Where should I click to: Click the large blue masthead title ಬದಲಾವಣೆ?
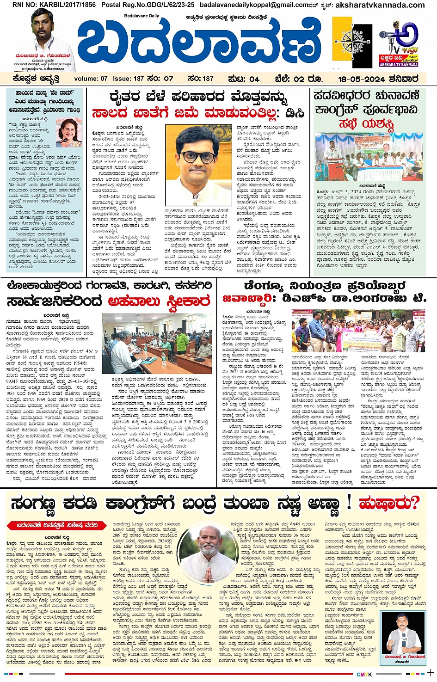199,44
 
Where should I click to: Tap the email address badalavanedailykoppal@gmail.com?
257,5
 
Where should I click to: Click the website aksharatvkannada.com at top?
380,5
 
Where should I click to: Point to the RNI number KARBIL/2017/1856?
54,5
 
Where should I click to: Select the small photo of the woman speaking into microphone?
68,131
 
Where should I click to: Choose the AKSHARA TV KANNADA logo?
399,44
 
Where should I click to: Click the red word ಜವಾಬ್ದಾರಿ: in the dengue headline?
248,298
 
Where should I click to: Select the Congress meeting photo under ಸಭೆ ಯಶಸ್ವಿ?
369,157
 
